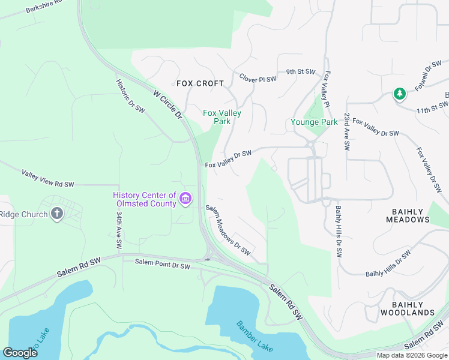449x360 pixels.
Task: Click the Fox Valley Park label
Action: pyautogui.click(x=222, y=117)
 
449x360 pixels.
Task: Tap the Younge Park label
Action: pyautogui.click(x=314, y=122)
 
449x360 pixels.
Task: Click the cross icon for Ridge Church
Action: pyautogui.click(x=57, y=214)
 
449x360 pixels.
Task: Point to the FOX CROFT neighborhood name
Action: pyautogui.click(x=200, y=83)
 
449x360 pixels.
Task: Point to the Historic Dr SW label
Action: pyautogui.click(x=130, y=96)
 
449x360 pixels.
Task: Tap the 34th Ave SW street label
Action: pyautogui.click(x=119, y=230)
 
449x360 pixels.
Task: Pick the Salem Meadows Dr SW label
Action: pyautogui.click(x=228, y=230)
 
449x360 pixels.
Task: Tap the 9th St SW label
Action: pyautogui.click(x=300, y=72)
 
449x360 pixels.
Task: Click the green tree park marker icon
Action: pyautogui.click(x=399, y=94)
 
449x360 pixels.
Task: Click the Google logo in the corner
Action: pyautogui.click(x=20, y=352)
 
